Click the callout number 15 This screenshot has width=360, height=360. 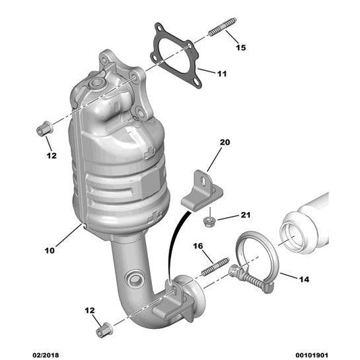pyautogui.click(x=241, y=47)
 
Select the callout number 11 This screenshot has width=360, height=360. pyautogui.click(x=222, y=74)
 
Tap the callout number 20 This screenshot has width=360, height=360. pyautogui.click(x=225, y=143)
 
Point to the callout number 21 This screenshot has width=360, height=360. pyautogui.click(x=245, y=215)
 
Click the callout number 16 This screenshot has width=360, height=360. pyautogui.click(x=198, y=246)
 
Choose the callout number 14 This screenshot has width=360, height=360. pyautogui.click(x=304, y=279)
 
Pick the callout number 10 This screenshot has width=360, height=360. pyautogui.click(x=49, y=251)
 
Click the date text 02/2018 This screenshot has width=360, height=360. pyautogui.click(x=45, y=355)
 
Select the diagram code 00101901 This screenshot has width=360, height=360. pyautogui.click(x=311, y=355)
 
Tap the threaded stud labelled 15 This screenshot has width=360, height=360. pyautogui.click(x=222, y=26)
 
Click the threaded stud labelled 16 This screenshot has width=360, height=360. pyautogui.click(x=215, y=267)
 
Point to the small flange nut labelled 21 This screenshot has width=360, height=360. pyautogui.click(x=209, y=222)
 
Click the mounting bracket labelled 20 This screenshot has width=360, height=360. pyautogui.click(x=202, y=191)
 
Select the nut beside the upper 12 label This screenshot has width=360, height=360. pyautogui.click(x=45, y=128)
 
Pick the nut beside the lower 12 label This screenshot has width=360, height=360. pyautogui.click(x=104, y=330)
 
